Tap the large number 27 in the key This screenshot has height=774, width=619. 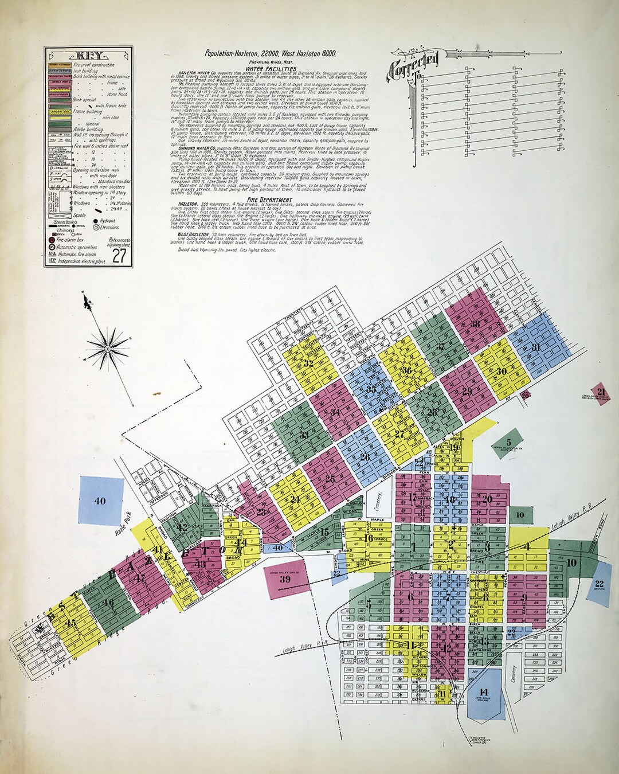click(x=119, y=256)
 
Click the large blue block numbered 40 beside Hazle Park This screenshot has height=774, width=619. click(x=100, y=501)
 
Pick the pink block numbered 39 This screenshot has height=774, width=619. click(x=285, y=579)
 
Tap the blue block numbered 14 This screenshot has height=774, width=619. click(x=484, y=691)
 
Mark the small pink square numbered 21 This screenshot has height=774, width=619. click(x=601, y=393)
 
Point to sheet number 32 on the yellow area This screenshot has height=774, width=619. click(x=308, y=363)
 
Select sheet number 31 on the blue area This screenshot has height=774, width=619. click(x=536, y=347)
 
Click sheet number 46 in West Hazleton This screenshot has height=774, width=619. click(x=108, y=602)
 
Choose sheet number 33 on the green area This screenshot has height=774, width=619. click(x=304, y=435)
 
